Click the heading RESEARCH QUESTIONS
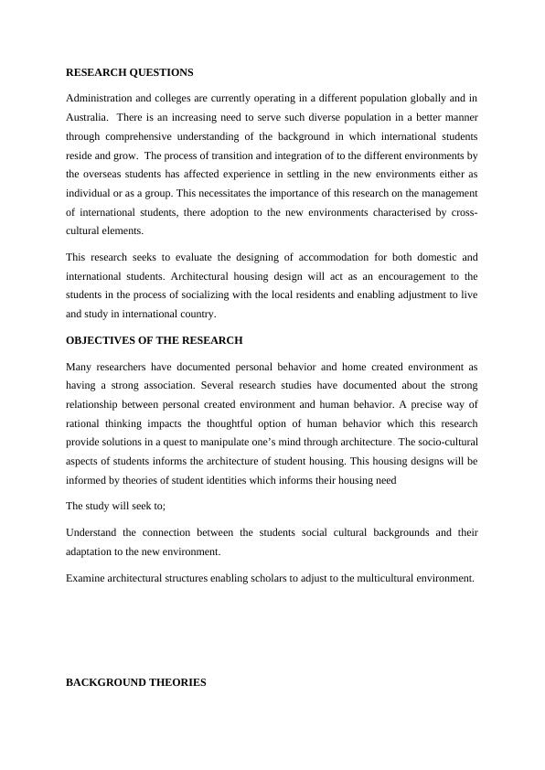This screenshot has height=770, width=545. click(x=129, y=71)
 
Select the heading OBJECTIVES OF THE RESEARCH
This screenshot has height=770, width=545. click(x=154, y=340)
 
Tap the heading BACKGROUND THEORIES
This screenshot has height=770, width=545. click(x=135, y=682)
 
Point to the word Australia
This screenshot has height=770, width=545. click(x=89, y=117)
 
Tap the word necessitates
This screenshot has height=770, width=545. click(x=238, y=193)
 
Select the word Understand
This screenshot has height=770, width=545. click(x=96, y=531)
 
